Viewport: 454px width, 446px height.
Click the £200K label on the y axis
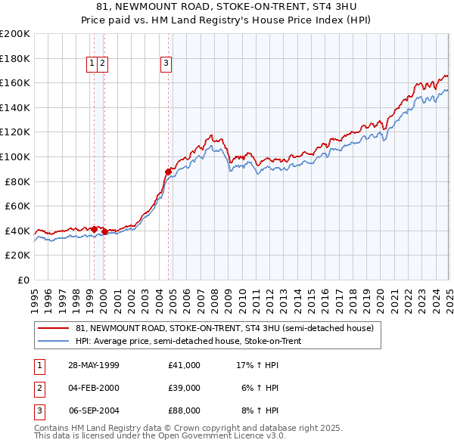(x=15, y=34)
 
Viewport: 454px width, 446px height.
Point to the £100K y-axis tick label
(x=15, y=156)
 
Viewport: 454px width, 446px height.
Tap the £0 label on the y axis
(x=23, y=280)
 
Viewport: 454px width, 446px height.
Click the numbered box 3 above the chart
(x=165, y=64)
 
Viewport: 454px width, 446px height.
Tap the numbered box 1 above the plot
(x=92, y=64)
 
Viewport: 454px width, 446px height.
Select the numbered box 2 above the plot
(x=102, y=64)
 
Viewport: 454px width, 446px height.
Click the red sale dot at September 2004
(x=168, y=172)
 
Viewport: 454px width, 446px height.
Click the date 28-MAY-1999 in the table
(x=94, y=365)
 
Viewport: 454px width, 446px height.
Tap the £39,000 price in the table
(x=184, y=388)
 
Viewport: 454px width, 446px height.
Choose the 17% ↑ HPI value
(x=259, y=365)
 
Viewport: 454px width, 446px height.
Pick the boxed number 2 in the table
(x=38, y=388)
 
